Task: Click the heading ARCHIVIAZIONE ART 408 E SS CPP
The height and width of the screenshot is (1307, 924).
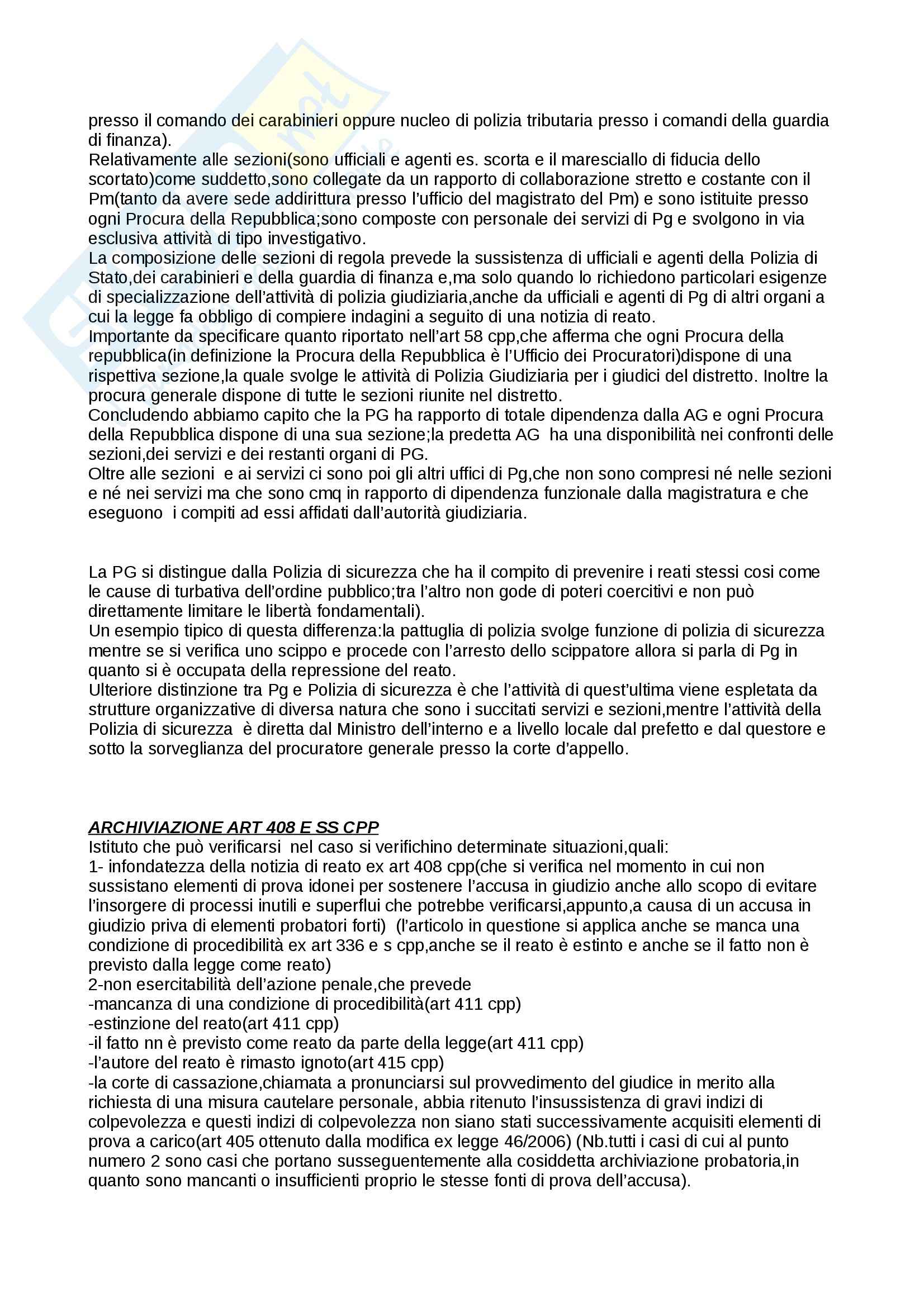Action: point(234,827)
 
